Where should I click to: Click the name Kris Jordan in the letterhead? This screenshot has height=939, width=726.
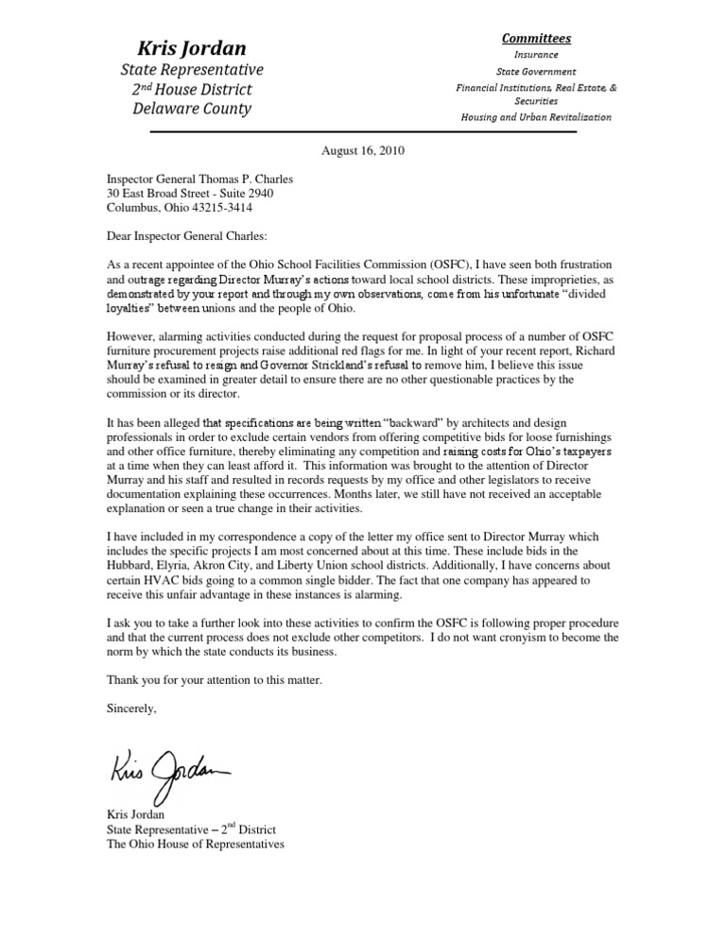click(192, 47)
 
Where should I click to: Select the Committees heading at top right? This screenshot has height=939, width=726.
click(535, 39)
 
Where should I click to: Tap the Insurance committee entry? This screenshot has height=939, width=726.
click(535, 55)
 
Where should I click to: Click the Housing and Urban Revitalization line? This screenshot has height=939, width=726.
click(535, 117)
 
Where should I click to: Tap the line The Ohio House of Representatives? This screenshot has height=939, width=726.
click(196, 844)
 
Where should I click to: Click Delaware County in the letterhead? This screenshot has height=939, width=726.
click(192, 109)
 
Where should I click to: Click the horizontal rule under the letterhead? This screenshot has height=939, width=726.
click(363, 132)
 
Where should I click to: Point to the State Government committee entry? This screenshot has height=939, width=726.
click(535, 71)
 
